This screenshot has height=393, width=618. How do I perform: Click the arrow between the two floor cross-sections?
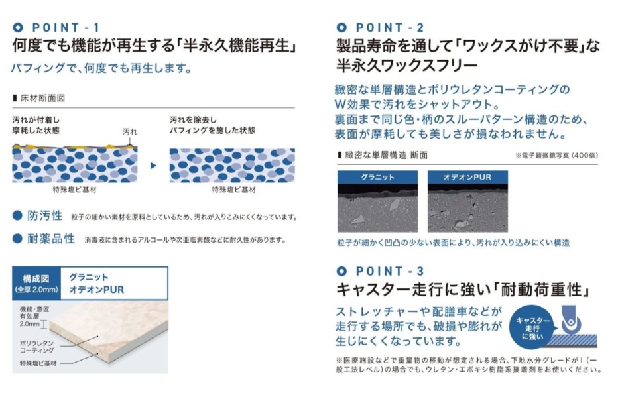click(154, 166)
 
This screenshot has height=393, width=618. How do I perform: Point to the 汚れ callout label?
click(130, 131)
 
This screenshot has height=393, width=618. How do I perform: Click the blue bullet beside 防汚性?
click(17, 215)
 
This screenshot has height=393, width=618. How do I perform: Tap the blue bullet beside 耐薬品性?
click(17, 238)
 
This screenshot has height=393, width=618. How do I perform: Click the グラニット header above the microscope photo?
click(377, 177)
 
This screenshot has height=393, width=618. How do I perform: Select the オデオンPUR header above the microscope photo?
click(468, 177)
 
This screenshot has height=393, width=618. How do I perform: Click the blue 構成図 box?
click(36, 284)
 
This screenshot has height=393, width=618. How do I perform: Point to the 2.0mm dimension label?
click(30, 324)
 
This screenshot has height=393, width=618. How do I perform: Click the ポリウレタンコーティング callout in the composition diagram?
click(37, 347)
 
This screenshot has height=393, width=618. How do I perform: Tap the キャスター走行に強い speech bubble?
click(532, 329)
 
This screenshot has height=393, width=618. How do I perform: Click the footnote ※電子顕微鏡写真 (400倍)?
click(556, 156)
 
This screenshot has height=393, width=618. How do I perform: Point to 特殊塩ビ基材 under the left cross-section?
click(74, 190)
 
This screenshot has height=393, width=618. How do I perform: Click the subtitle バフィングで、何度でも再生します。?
click(102, 68)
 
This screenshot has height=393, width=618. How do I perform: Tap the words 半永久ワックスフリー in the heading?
click(407, 65)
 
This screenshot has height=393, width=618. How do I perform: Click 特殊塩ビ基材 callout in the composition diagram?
click(38, 363)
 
